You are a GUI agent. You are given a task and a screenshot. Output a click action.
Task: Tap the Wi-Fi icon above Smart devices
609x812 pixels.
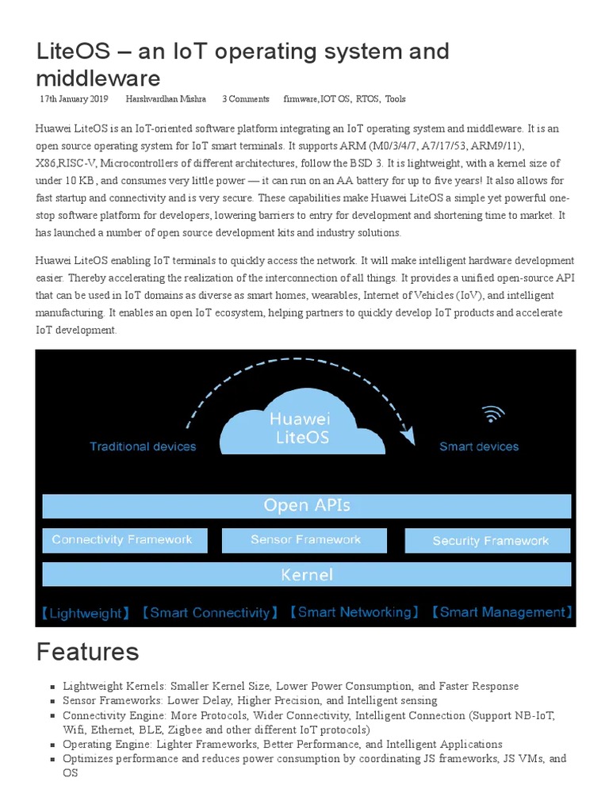tap(493, 414)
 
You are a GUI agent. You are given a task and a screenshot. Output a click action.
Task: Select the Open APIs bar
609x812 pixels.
tap(306, 505)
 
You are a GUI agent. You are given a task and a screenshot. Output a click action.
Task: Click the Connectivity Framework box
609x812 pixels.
tap(124, 540)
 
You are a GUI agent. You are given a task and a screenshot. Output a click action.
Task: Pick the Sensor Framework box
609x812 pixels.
tap(305, 540)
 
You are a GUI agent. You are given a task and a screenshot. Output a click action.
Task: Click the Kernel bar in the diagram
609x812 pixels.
tap(306, 574)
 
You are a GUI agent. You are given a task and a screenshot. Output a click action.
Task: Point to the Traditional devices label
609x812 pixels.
tap(143, 446)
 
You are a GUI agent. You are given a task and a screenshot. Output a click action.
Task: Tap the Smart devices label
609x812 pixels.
tap(479, 446)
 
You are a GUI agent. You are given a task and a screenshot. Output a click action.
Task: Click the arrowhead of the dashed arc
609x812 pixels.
tap(408, 435)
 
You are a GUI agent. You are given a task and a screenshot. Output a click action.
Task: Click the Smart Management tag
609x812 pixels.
tap(501, 612)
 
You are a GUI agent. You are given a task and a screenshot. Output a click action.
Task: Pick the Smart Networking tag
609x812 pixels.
tap(353, 612)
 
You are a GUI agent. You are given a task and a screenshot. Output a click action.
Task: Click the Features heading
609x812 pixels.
tap(87, 652)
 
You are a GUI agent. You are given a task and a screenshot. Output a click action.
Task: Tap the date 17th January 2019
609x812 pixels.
tap(74, 99)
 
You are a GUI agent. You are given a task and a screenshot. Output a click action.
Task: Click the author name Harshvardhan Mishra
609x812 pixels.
tap(166, 99)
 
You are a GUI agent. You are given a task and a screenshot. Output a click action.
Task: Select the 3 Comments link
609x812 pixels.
tap(245, 99)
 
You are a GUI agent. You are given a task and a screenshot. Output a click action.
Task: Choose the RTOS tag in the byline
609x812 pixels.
tap(367, 99)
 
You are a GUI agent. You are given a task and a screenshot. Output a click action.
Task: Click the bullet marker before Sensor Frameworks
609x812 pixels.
tap(52, 701)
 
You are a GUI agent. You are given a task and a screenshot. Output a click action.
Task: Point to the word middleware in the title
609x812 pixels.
tap(98, 78)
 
